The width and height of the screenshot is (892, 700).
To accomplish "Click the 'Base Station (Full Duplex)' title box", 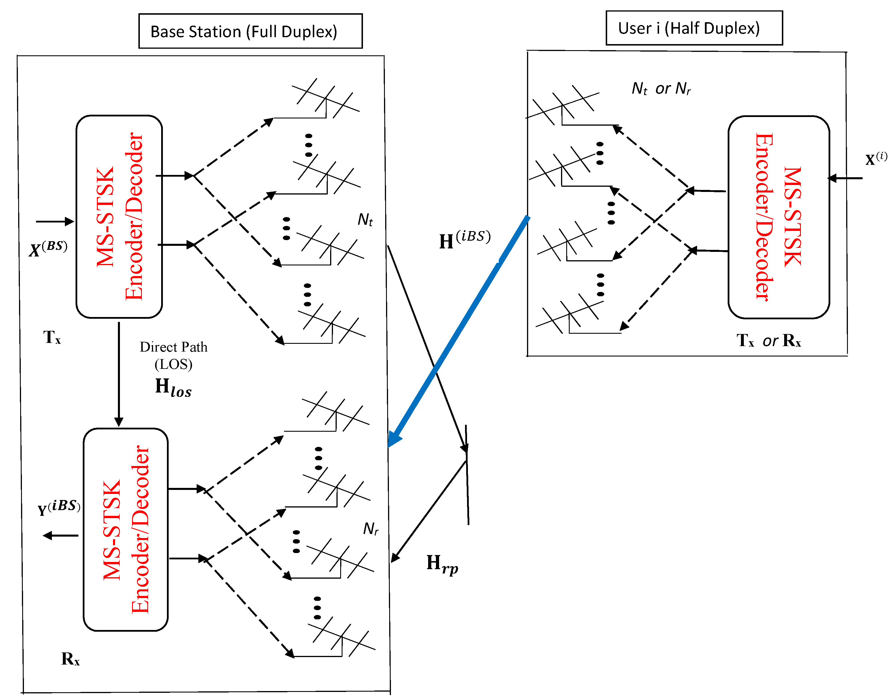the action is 251,31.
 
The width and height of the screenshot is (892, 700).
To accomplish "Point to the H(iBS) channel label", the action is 464,240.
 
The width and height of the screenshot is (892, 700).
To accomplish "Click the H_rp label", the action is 442,564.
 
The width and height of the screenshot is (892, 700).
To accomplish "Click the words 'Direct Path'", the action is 173,347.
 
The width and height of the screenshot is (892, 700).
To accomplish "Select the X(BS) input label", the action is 48,248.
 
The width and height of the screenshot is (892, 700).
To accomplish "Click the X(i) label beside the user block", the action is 876,158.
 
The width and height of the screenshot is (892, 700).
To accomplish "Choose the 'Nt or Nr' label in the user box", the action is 661,88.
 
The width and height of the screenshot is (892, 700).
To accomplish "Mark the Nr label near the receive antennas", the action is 370,529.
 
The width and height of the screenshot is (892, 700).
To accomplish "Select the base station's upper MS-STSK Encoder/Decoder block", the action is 119,216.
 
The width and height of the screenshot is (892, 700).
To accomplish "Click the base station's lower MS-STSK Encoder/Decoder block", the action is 126,529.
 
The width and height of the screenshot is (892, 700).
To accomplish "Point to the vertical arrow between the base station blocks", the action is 119,374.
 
